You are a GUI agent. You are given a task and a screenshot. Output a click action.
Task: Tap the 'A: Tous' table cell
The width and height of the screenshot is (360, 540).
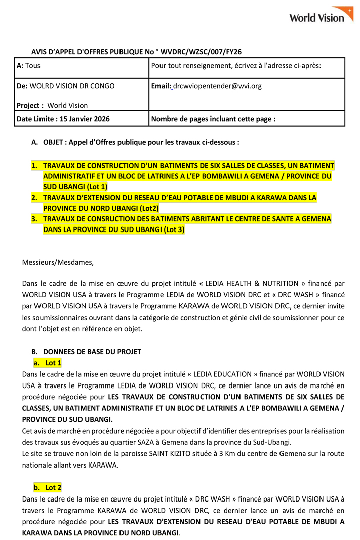(x=29, y=66)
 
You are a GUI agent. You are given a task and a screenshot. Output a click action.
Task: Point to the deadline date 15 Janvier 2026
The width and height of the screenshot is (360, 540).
(x=85, y=119)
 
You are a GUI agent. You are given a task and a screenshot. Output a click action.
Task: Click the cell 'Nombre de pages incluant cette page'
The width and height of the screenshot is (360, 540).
(x=213, y=119)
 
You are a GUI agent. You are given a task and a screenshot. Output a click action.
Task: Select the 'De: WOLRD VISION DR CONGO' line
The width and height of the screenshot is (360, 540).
(x=66, y=86)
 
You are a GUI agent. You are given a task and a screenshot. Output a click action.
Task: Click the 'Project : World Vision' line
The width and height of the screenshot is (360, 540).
(x=52, y=105)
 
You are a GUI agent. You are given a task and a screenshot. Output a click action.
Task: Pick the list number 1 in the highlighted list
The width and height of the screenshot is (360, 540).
(x=34, y=166)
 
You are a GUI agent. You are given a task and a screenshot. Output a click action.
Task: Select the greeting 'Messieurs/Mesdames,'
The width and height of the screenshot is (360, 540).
(x=58, y=262)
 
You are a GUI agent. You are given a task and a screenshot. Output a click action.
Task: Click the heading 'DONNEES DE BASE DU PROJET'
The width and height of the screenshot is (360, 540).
(x=92, y=351)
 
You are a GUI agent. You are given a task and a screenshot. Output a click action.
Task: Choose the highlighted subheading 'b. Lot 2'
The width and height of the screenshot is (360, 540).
(x=48, y=487)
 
